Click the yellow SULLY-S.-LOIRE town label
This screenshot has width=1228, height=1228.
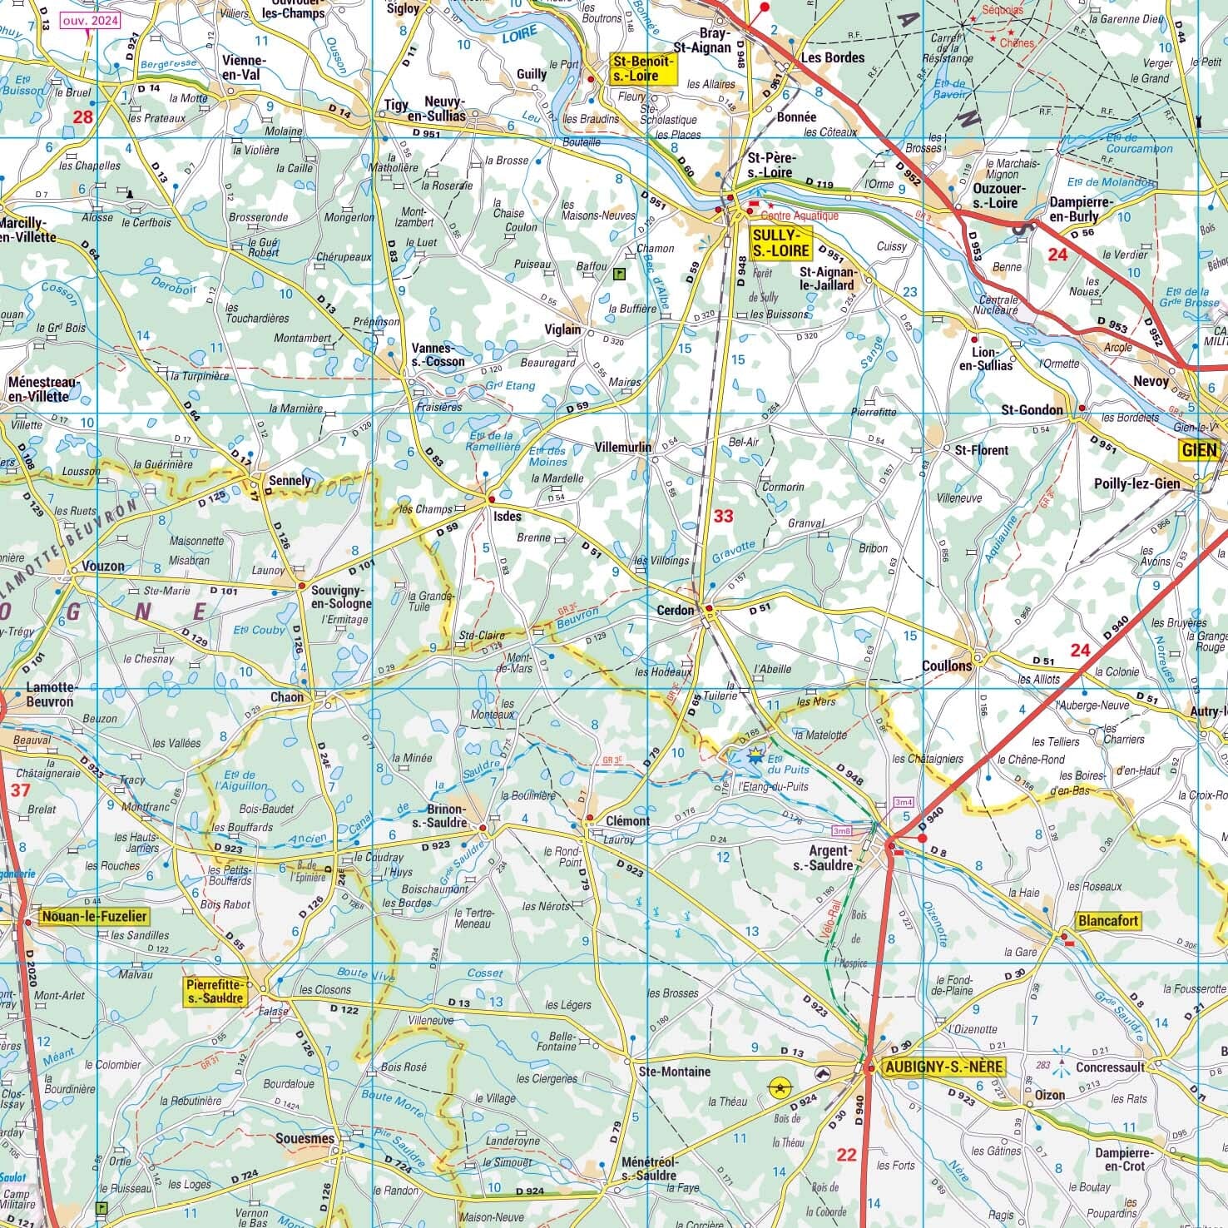point(780,242)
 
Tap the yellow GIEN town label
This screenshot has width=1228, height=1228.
point(1198,450)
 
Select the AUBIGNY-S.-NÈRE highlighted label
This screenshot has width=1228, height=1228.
point(943,1067)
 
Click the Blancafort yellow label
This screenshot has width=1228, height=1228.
point(1107,921)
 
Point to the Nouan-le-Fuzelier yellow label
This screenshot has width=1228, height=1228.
point(93,916)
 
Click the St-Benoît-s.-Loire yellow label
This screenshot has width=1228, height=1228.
point(645,68)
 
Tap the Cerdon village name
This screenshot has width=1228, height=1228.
point(675,610)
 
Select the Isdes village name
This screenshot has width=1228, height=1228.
point(508,516)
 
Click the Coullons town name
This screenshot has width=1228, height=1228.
point(946,666)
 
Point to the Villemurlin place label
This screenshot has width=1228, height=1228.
point(623,447)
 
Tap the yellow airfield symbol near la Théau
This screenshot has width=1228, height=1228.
point(780,1086)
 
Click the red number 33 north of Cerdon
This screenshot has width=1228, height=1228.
point(723,516)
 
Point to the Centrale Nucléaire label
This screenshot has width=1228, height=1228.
point(998,305)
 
